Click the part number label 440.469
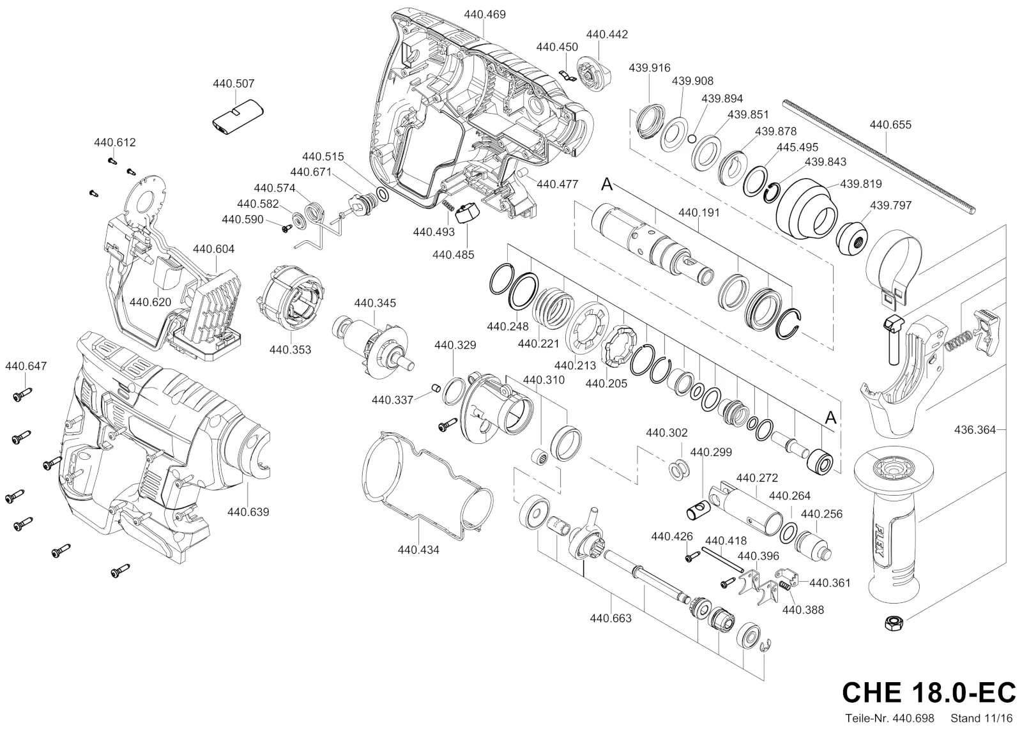(x=485, y=15)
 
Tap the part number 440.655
(x=890, y=125)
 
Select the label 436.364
(x=975, y=429)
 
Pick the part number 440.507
(x=234, y=84)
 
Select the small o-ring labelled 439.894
(x=692, y=139)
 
